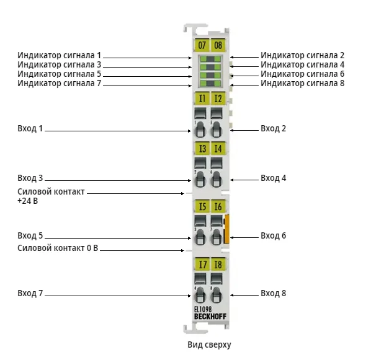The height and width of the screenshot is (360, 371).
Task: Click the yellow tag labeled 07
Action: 202,45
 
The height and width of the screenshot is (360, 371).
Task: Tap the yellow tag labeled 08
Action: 218,45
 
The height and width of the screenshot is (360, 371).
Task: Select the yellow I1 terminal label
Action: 202,98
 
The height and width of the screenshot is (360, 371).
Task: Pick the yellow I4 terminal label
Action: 218,149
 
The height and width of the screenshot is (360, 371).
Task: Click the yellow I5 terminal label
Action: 202,206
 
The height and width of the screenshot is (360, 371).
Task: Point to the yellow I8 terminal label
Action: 218,264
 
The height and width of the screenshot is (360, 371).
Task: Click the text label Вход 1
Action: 30,129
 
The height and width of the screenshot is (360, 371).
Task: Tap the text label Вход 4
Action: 273,178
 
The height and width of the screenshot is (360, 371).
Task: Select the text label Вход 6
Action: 273,235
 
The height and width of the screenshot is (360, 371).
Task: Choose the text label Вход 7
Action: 30,293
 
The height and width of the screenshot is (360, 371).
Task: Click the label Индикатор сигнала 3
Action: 60,64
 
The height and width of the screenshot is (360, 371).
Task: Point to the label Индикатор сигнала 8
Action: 302,83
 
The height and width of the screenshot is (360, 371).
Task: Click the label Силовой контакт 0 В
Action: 58,248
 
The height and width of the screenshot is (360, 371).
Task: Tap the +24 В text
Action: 28,201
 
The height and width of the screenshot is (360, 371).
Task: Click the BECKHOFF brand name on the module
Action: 210,317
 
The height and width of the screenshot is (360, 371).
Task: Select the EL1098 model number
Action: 203,309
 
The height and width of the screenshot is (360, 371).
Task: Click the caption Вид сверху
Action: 209,345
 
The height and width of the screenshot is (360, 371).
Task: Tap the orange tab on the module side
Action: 226,229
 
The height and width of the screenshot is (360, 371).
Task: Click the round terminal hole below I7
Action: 200,295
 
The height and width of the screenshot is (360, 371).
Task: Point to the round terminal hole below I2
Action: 217,130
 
